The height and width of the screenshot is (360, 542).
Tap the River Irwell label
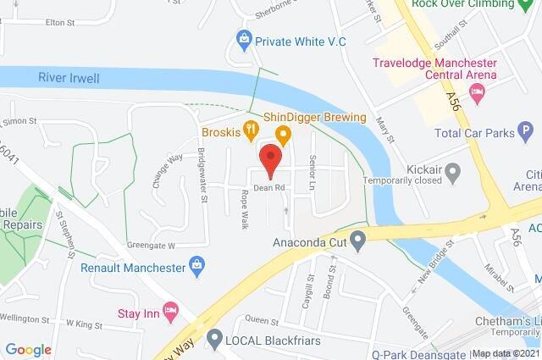coord(69,79)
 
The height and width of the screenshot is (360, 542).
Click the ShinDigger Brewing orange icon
coord(284,133)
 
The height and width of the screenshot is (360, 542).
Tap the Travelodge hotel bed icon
coord(477,91)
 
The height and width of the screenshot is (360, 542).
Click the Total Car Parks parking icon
coord(525,132)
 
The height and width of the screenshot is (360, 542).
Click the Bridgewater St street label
coord(203,174)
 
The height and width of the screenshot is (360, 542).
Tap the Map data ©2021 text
coord(506,353)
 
